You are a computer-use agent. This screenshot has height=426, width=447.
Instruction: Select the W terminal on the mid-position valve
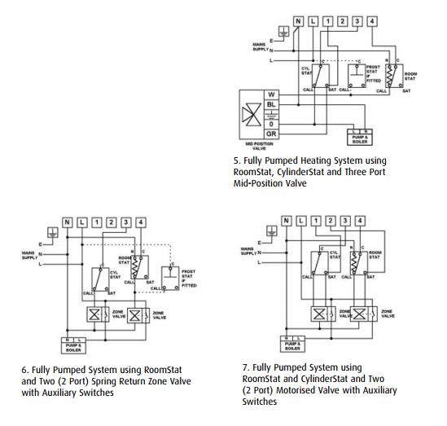coord(270,94)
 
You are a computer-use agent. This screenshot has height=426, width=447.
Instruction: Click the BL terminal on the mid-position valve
coord(270,105)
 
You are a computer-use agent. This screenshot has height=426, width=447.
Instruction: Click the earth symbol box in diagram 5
coord(282,33)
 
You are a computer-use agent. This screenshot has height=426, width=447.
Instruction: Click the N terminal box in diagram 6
coord(68,222)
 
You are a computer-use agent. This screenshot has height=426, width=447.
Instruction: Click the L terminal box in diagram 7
coord(300,221)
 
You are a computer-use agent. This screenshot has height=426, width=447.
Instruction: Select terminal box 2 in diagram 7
coord(329,221)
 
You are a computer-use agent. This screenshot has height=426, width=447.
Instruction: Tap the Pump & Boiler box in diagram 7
coord(289,342)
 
